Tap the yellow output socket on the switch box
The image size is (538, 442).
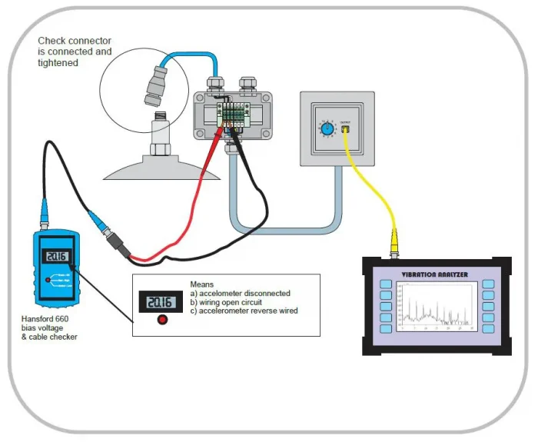pyautogui.click(x=345, y=130)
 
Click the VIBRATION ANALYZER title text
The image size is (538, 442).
pyautogui.click(x=435, y=273)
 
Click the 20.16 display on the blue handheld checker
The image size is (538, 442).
pyautogui.click(x=54, y=256)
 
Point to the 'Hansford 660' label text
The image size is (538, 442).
pyautogui.click(x=51, y=317)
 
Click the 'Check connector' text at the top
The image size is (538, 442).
pyautogui.click(x=74, y=41)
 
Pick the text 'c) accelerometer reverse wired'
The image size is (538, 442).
pyautogui.click(x=244, y=311)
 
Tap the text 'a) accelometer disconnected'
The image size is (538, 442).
pyautogui.click(x=240, y=293)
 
